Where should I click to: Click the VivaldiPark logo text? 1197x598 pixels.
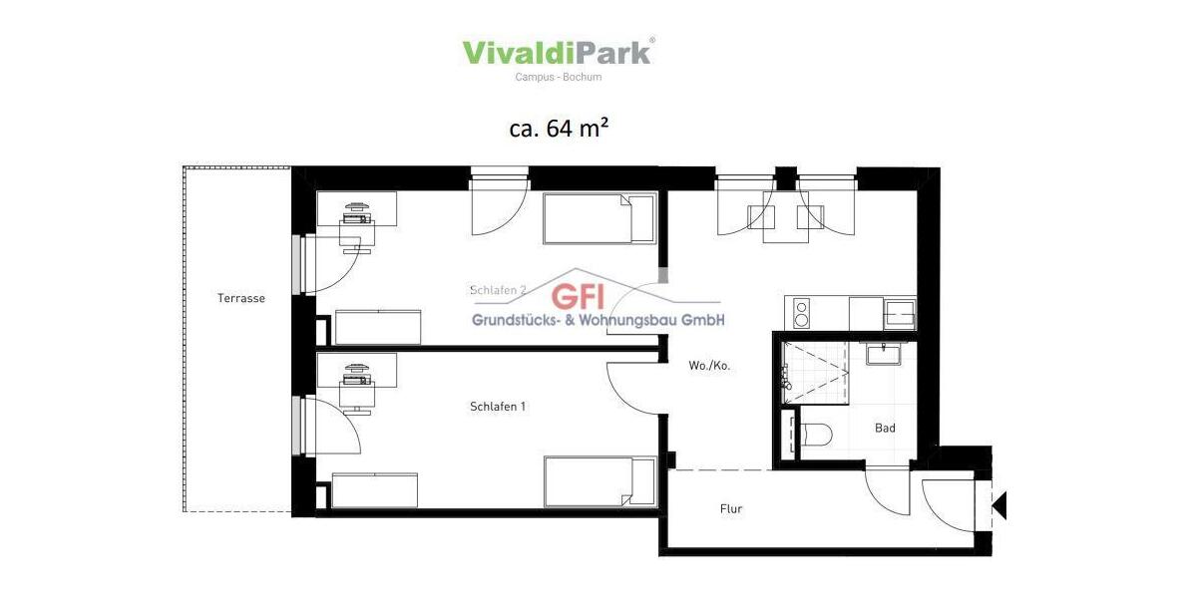[x=558, y=52]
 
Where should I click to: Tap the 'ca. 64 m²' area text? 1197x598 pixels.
[x=559, y=129]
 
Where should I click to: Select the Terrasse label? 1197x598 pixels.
[x=241, y=298]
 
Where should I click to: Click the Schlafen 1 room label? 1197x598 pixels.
[x=498, y=407]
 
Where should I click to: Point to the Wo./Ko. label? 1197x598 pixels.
[x=709, y=366]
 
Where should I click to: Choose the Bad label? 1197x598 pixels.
[x=885, y=429]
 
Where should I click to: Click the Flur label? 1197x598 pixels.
[x=731, y=509]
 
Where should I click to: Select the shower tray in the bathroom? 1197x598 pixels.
[x=816, y=371]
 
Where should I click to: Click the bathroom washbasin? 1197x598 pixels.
[x=883, y=354]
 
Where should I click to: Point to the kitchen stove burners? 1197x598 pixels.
[x=799, y=313]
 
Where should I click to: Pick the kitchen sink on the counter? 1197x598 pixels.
[x=899, y=312]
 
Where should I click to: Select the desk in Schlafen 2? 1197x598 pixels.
[x=356, y=210]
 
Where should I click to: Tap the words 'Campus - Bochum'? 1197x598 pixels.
[x=558, y=77]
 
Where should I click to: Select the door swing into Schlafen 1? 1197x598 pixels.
[x=630, y=389]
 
